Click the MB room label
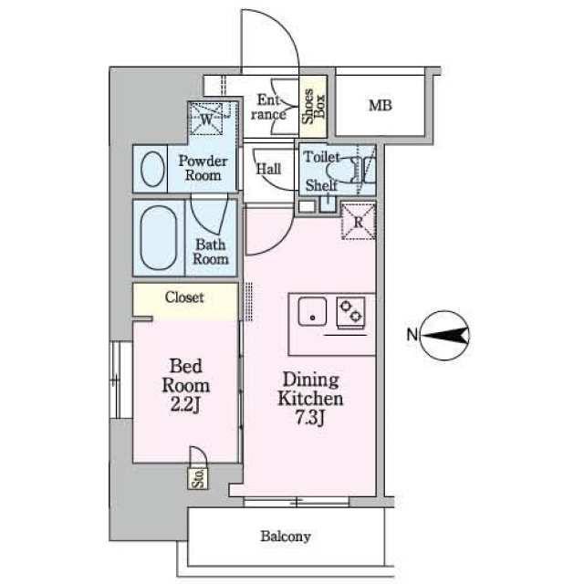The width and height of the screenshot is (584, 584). (380, 106)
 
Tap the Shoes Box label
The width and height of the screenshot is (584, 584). (314, 106)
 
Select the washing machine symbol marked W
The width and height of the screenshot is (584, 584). (207, 120)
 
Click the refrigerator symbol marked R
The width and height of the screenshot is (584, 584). (359, 222)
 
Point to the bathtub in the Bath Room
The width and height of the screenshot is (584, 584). (159, 237)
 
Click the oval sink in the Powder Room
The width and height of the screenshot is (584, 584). (152, 169)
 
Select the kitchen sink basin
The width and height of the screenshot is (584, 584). (312, 312)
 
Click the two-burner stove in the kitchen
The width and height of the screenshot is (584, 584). (350, 312)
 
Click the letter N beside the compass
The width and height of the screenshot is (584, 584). (412, 335)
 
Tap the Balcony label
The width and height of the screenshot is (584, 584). (286, 537)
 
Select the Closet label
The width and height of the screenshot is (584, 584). (184, 297)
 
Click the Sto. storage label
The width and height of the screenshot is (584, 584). (198, 478)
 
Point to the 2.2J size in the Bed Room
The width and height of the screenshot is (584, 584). (185, 405)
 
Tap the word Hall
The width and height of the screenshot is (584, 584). (268, 169)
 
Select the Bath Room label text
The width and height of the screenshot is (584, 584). (211, 252)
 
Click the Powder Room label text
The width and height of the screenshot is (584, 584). (203, 168)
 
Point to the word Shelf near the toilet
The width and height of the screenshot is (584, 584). (321, 185)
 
